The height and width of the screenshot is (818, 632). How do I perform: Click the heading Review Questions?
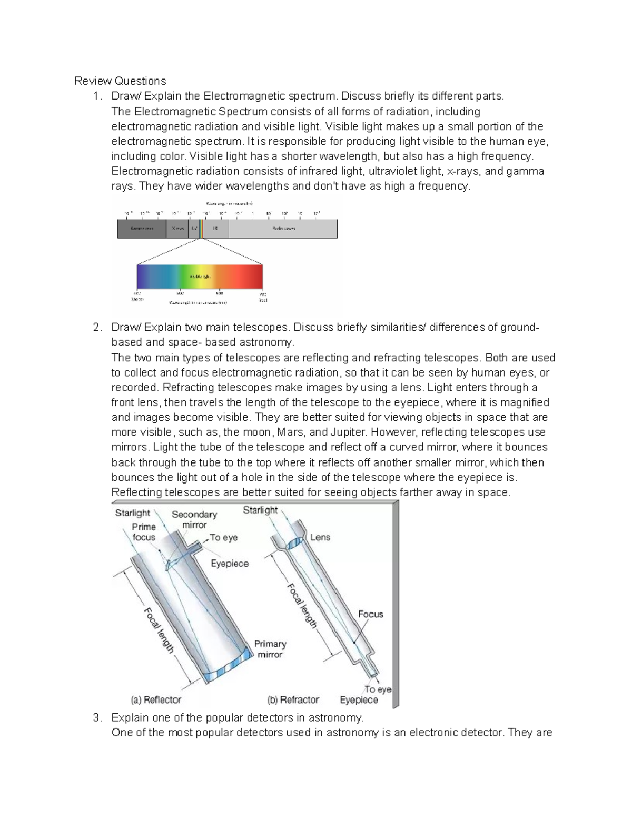[x=120, y=81]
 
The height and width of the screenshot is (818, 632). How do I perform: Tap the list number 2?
[x=96, y=327]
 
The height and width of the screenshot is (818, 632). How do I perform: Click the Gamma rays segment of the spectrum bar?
[x=141, y=229]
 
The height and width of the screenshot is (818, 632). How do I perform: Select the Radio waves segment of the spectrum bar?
[x=283, y=229]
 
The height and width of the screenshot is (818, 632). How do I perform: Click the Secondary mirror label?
[x=194, y=519]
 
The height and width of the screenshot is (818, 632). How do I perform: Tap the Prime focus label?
[x=144, y=532]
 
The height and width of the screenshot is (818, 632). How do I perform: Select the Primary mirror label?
[x=270, y=649]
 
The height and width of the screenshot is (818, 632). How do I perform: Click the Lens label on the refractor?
[x=320, y=537]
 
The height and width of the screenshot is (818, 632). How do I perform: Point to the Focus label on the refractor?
[x=371, y=614]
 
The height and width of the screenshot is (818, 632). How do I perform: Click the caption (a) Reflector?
[x=156, y=699]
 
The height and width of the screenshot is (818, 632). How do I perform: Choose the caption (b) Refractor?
[x=293, y=699]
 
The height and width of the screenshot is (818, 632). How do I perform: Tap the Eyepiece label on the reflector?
[x=230, y=563]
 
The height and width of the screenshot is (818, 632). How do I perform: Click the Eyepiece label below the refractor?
[x=359, y=699]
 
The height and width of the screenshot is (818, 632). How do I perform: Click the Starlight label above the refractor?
[x=260, y=510]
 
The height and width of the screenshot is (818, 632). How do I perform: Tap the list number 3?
[x=96, y=717]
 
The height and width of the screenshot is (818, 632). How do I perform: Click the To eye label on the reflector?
[x=223, y=537]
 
